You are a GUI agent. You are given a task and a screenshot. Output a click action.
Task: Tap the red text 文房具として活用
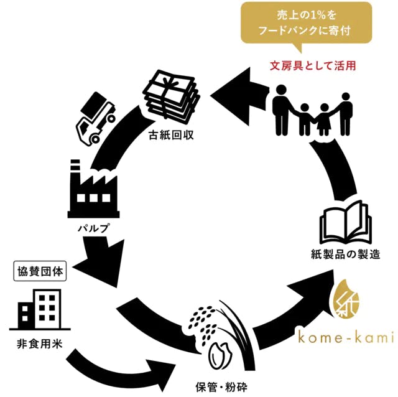coord(313,65)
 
